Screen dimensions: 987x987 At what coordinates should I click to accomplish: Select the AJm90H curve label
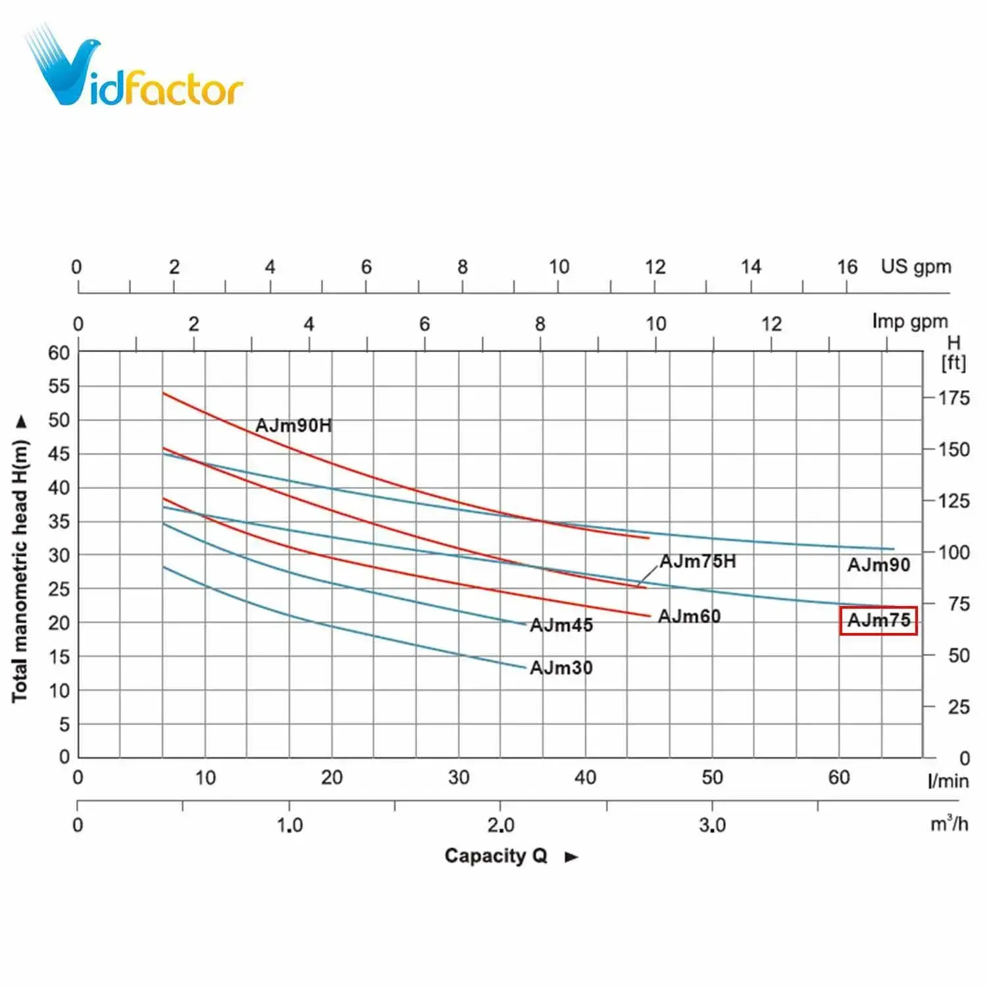coord(293,426)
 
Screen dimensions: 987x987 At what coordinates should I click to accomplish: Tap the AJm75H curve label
coord(697,561)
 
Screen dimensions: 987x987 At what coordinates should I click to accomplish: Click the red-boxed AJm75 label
coord(878,620)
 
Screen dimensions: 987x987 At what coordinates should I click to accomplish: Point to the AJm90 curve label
coord(878,565)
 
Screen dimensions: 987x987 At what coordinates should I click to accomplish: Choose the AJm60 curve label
coord(689,617)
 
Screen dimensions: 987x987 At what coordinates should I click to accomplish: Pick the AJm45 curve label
coord(561,625)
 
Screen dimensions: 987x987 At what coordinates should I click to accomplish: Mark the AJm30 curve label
coord(561,668)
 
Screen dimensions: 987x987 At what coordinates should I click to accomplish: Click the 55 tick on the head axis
coord(59,386)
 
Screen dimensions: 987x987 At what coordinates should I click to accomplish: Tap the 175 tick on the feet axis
coord(953,398)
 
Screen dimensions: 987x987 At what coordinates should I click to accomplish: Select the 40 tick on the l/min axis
coord(585,778)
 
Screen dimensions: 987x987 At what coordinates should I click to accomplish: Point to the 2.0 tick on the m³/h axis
coord(500,825)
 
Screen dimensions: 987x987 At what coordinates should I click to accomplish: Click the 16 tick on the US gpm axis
coord(847,267)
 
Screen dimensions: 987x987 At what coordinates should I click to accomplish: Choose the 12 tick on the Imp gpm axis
coord(771,324)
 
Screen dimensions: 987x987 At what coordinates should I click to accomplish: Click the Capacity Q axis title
coord(496,855)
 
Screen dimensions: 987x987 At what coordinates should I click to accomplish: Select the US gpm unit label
coord(916,266)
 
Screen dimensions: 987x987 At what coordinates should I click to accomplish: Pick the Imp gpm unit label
coord(910,321)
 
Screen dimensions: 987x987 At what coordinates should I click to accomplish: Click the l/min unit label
coord(948,781)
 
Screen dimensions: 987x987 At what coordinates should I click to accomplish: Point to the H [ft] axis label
coord(953,353)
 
